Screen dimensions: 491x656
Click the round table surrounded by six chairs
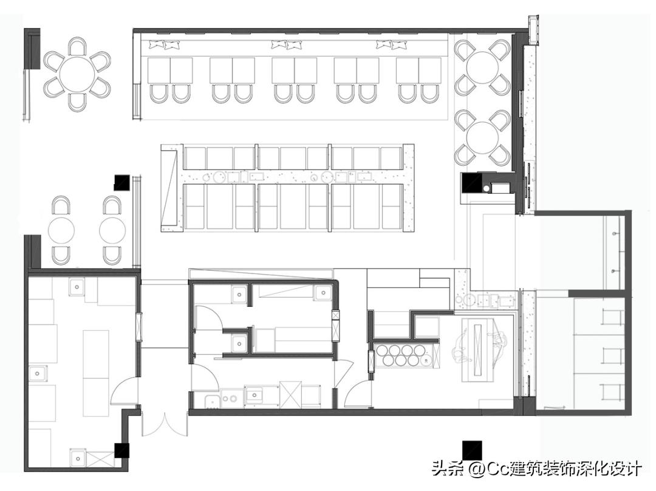[x=77, y=74]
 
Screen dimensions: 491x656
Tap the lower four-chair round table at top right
[x=483, y=137]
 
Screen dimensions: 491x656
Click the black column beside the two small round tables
[x=122, y=182]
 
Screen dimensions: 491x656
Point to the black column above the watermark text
[x=472, y=450]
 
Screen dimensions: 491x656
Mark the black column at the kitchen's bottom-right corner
[x=122, y=450]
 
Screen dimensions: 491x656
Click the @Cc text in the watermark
[x=488, y=469]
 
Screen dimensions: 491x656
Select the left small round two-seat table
[x=61, y=230]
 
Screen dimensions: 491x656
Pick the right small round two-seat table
[x=112, y=230]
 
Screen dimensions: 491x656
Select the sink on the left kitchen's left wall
[x=38, y=373]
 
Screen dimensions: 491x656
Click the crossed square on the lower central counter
[x=290, y=394]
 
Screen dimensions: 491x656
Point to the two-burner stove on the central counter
[x=230, y=399]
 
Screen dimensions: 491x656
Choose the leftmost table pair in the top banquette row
[x=170, y=70]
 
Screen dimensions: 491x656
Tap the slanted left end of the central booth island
[x=171, y=187]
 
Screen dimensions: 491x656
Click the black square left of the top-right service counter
[x=471, y=182]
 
